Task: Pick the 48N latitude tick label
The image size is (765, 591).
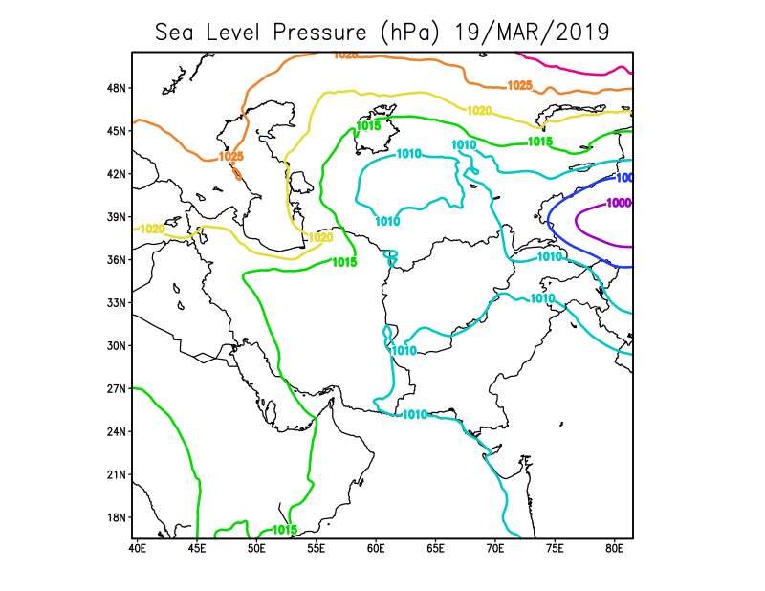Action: (x=117, y=88)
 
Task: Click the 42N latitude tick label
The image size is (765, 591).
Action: (x=117, y=174)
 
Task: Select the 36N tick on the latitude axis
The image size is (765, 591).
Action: (x=117, y=260)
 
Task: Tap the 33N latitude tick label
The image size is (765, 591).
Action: (x=117, y=303)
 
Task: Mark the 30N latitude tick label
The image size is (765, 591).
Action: (x=117, y=346)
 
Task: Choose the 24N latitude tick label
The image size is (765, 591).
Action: (x=117, y=432)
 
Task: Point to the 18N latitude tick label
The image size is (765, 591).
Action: (x=117, y=518)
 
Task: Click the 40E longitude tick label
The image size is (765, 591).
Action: (x=136, y=549)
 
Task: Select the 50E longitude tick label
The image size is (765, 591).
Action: (x=256, y=549)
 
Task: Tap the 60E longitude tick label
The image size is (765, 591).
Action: (x=376, y=549)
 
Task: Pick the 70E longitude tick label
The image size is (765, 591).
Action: (x=495, y=549)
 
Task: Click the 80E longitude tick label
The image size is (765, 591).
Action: (x=615, y=549)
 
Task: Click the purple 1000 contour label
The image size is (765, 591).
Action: (x=619, y=203)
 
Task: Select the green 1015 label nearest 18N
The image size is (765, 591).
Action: (x=284, y=530)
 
